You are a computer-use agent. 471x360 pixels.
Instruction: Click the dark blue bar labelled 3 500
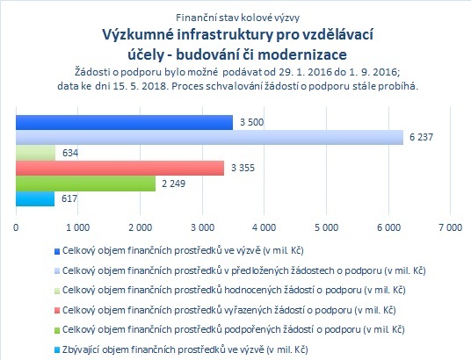(125, 123)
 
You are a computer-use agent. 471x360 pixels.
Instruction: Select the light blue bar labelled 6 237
(210, 138)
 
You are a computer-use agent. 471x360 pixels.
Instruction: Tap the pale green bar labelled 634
(36, 153)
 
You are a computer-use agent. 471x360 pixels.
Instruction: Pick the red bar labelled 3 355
(120, 168)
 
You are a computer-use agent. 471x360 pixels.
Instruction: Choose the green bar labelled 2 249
(85, 184)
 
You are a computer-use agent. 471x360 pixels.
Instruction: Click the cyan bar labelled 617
(35, 198)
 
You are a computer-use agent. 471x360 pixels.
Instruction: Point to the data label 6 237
(422, 137)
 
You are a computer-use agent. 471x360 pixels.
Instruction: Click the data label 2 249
(174, 184)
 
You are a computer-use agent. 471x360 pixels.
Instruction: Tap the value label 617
(69, 198)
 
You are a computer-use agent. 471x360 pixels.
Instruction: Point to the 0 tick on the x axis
(16, 227)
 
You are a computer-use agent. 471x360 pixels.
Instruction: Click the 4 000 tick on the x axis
(264, 227)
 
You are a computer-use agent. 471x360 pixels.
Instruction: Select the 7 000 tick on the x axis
(450, 227)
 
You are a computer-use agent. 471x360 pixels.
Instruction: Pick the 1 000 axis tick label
(78, 227)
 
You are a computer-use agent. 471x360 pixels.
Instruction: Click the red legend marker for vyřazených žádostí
(57, 311)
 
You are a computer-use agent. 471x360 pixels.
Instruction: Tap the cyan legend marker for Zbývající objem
(57, 350)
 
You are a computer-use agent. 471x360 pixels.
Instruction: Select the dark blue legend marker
(57, 251)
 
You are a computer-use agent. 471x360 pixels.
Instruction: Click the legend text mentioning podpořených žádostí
(234, 329)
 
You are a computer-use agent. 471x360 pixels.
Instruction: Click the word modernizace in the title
(302, 54)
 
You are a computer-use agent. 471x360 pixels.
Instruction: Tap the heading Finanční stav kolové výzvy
(237, 18)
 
